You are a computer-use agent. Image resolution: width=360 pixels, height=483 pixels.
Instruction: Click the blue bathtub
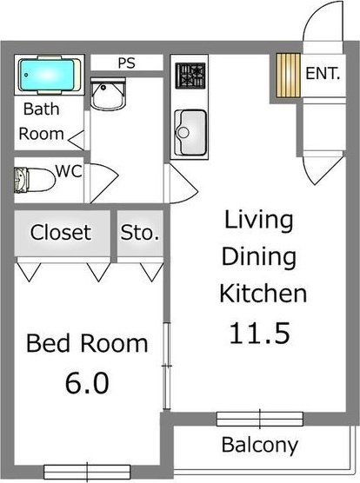pyautogui.click(x=49, y=75)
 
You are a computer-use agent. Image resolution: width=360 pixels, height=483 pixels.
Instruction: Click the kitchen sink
pyautogui.click(x=189, y=133)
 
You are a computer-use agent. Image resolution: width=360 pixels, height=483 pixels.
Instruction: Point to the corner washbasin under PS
pyautogui.click(x=110, y=95)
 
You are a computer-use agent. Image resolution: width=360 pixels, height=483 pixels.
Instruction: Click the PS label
pyautogui.click(x=126, y=63)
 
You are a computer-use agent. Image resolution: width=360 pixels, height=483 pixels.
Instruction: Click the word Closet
pyautogui.click(x=60, y=232)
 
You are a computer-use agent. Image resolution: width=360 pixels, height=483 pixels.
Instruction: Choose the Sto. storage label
pyautogui.click(x=139, y=232)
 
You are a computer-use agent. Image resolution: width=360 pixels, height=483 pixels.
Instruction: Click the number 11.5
pyautogui.click(x=258, y=332)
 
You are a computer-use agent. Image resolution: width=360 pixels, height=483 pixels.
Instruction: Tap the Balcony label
pyautogui.click(x=259, y=447)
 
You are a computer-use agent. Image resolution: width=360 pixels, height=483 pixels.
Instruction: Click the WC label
pyautogui.click(x=69, y=170)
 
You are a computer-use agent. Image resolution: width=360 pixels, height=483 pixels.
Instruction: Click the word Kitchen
pyautogui.click(x=263, y=293)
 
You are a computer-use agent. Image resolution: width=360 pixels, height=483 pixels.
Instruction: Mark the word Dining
pyautogui.click(x=258, y=256)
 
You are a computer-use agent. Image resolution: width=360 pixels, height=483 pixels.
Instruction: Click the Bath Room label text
pyautogui.click(x=43, y=122)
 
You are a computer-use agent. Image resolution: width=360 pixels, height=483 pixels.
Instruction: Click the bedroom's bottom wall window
pyautogui.click(x=80, y=473)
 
